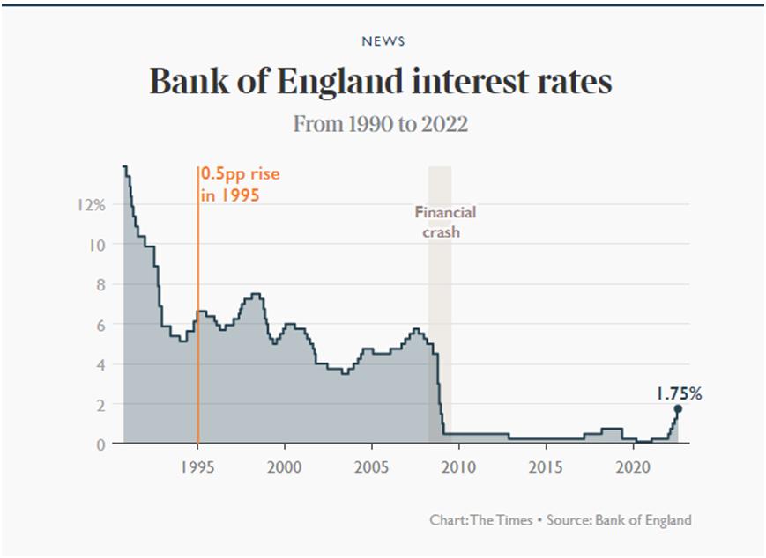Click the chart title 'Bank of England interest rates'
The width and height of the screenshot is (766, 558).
[x=381, y=83]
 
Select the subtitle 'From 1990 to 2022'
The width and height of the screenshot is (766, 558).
[x=381, y=124]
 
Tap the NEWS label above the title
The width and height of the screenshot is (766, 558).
[x=383, y=41]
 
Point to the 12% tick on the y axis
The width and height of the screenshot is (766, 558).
[x=91, y=204]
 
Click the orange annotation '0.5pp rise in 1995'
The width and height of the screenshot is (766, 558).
[x=239, y=184]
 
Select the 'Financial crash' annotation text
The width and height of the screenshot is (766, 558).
[x=444, y=223]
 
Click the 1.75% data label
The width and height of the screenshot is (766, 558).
[x=678, y=393]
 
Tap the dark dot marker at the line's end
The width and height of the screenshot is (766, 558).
[x=678, y=409]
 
